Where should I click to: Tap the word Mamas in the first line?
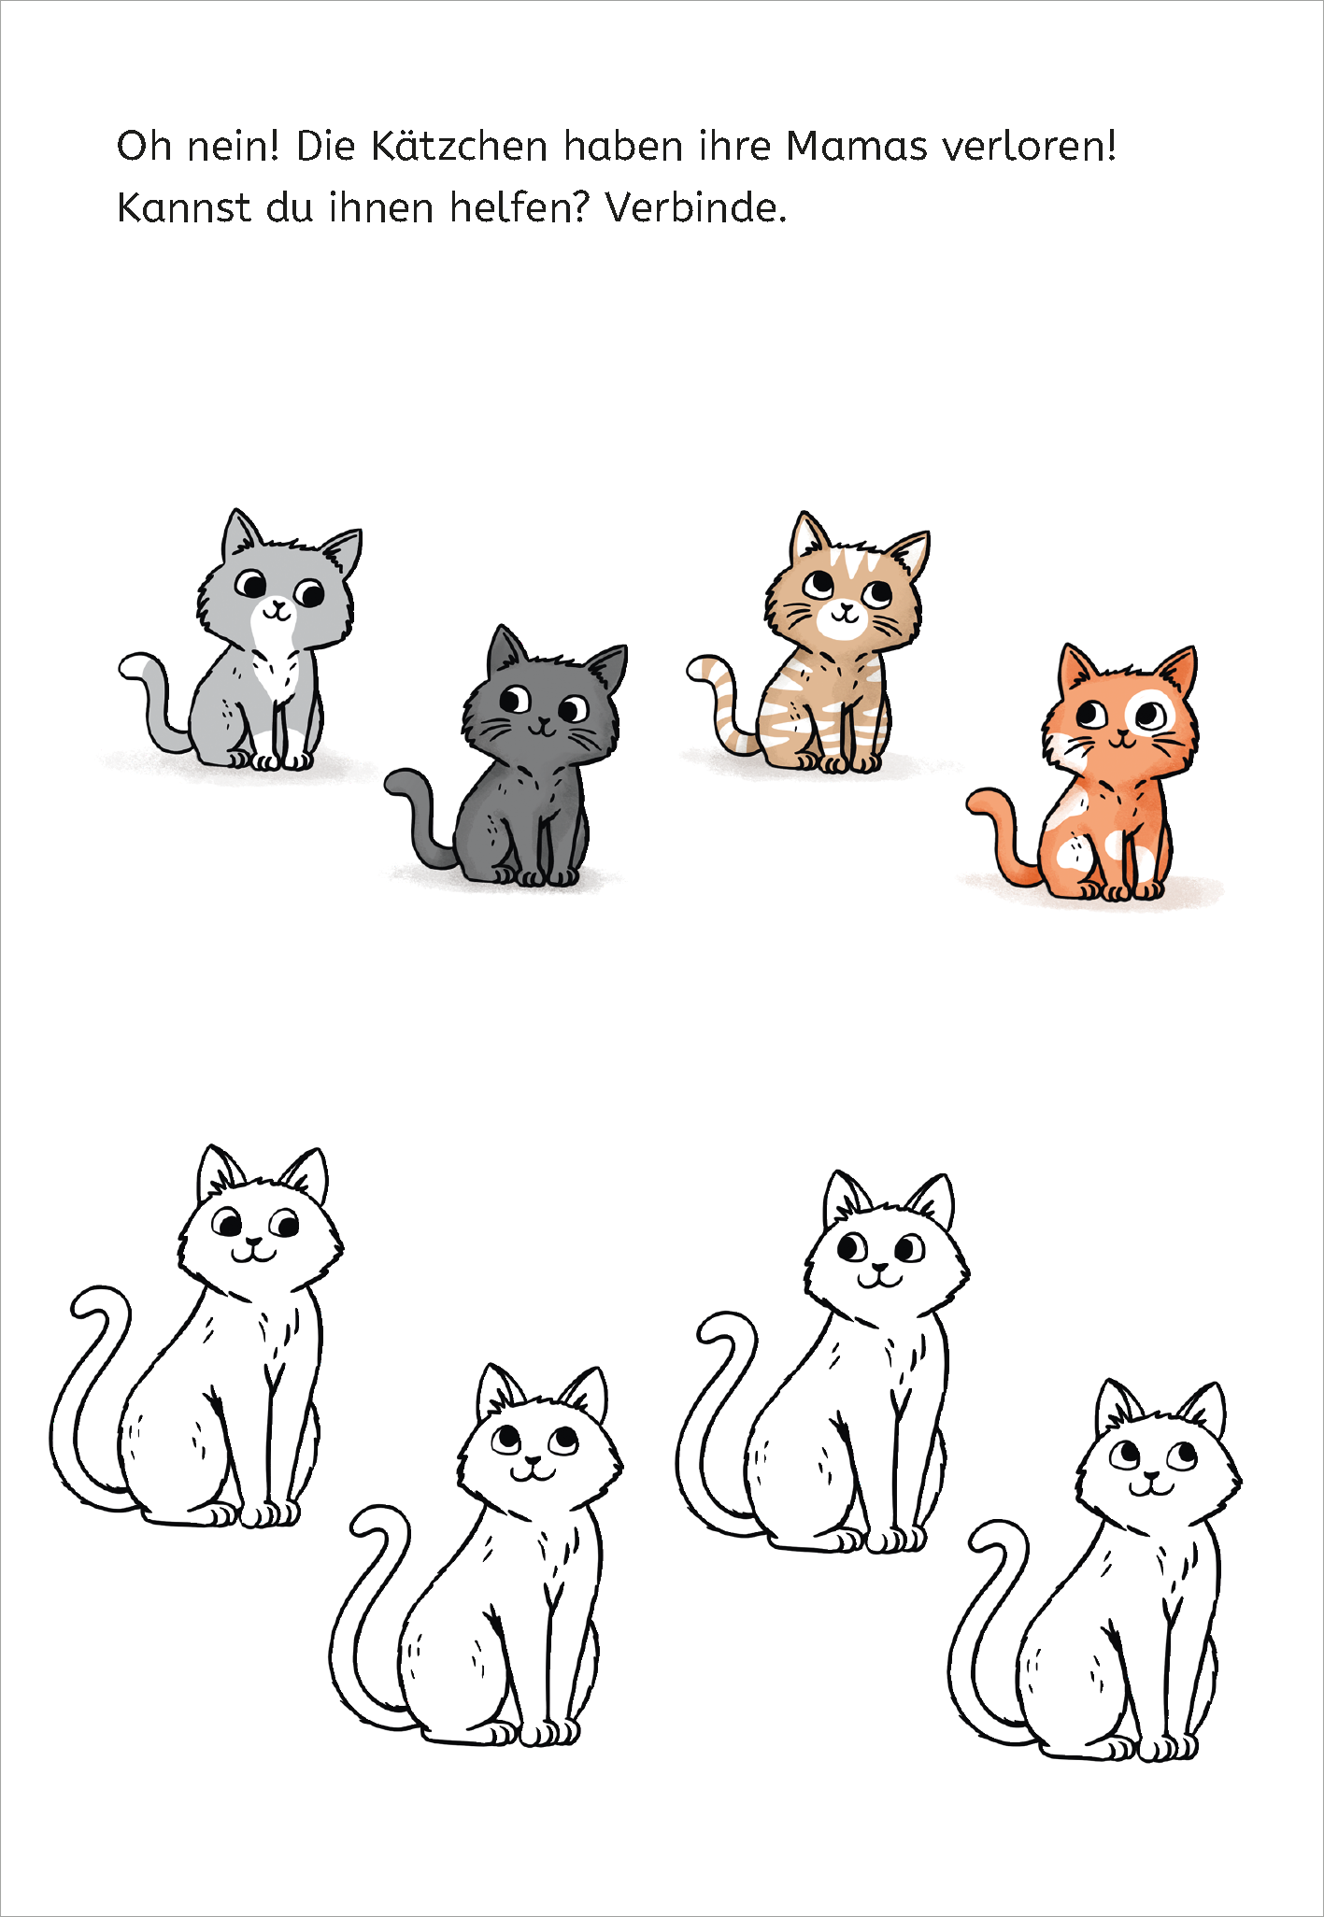[x=857, y=147]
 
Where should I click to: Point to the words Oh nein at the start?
[x=198, y=147]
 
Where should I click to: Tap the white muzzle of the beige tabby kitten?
[x=843, y=620]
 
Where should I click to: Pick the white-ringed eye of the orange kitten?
[x=1149, y=717]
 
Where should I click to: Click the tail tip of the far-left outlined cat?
[x=89, y=1304]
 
